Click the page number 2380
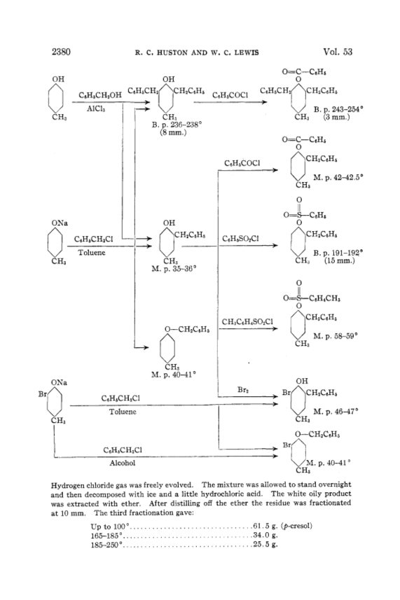pos(61,52)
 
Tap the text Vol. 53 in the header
pos(338,52)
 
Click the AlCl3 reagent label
pos(96,109)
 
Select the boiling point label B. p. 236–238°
pos(177,125)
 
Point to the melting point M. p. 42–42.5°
pos(338,177)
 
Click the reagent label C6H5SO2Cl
pos(240,239)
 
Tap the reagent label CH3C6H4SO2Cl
pos(247,321)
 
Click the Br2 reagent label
pos(242,390)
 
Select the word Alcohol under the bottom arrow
pos(123,463)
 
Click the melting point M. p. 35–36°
pos(174,269)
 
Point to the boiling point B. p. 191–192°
pos(338,253)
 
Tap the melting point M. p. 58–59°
pos(336,336)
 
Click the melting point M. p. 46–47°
pos(336,412)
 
